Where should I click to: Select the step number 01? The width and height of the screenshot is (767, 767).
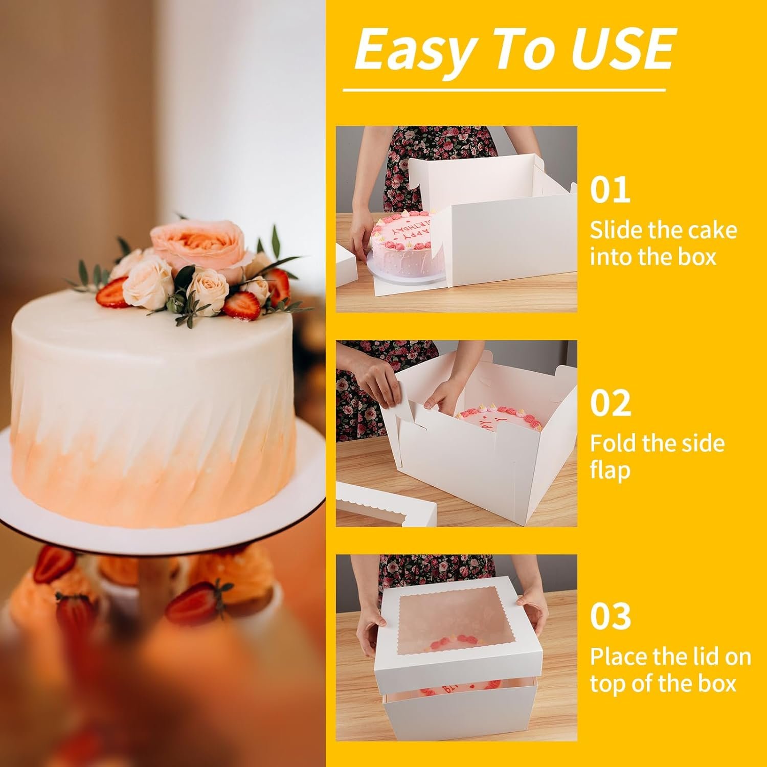click(610, 190)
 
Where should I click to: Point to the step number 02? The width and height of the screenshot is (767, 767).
click(611, 403)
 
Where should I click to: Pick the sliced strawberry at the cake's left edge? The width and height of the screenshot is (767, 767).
click(111, 292)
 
